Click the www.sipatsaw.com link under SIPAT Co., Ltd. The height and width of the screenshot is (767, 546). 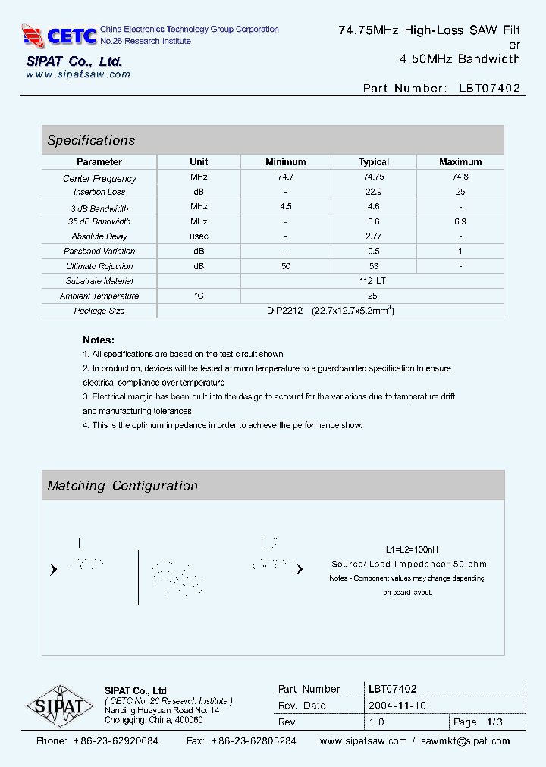click(78, 74)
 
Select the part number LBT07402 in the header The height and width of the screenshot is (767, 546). click(489, 88)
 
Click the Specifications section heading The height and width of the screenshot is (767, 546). click(91, 140)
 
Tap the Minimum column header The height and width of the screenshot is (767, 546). click(286, 162)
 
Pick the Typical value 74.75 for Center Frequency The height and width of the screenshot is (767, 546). click(373, 177)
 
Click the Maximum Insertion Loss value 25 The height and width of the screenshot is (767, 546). click(460, 192)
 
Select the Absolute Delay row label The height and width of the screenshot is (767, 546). click(99, 236)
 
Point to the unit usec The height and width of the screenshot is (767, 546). click(199, 236)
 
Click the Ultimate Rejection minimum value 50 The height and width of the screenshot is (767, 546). click(286, 266)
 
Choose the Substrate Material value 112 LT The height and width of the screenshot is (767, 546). click(373, 281)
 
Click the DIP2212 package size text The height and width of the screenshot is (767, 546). click(284, 311)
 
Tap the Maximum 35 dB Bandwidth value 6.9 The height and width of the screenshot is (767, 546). click(460, 221)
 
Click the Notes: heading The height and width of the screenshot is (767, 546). click(99, 340)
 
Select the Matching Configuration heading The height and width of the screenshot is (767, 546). click(122, 486)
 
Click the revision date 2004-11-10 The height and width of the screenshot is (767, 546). click(397, 706)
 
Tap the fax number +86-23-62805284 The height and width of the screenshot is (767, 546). click(253, 741)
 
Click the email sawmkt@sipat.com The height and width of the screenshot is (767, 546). click(466, 741)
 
